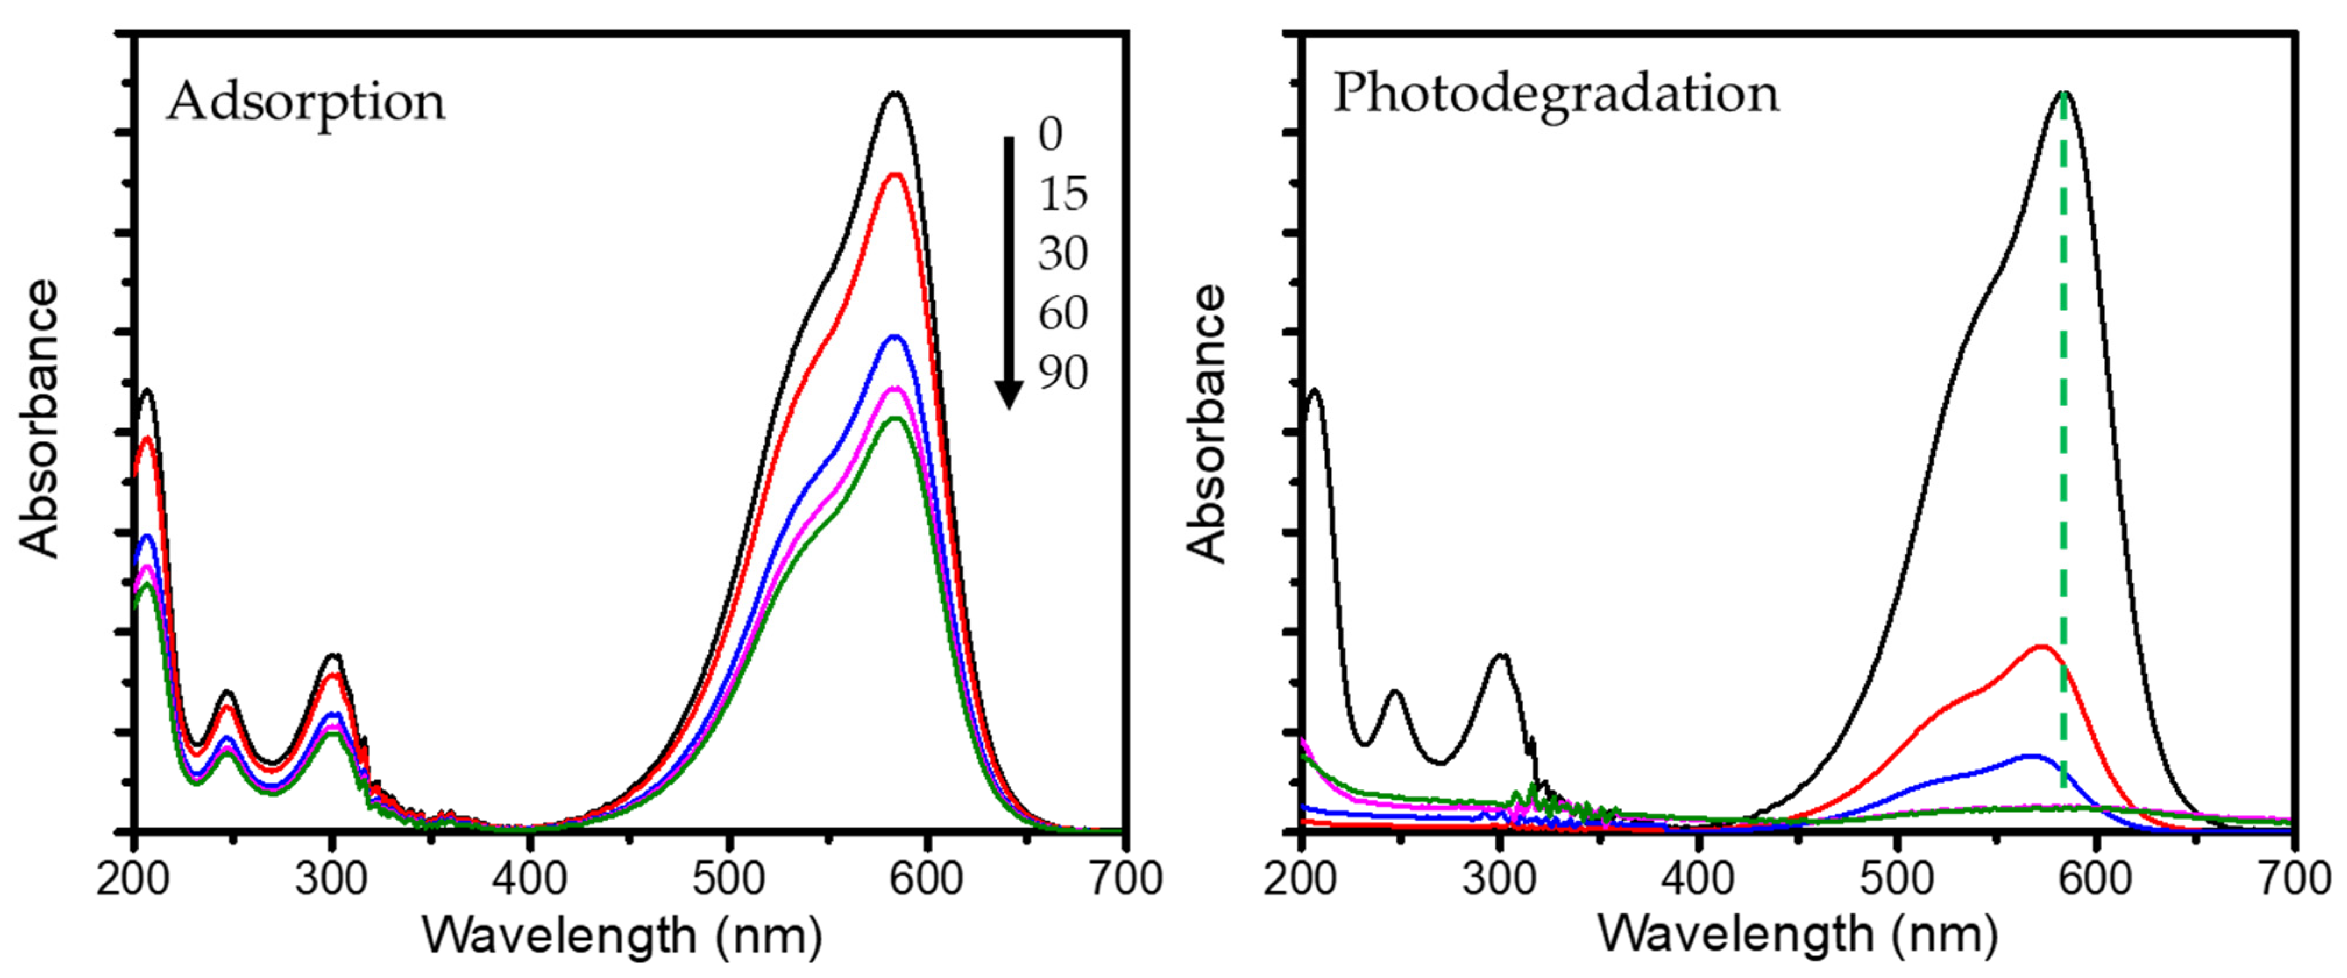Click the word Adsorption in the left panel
(x=306, y=101)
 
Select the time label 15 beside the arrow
(x=1062, y=194)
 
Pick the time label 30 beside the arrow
(x=1062, y=253)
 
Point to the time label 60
(x=1062, y=314)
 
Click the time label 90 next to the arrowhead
(x=1062, y=373)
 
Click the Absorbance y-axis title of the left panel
(x=39, y=419)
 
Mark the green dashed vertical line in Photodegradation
(x=2064, y=456)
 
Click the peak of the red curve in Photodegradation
(x=2041, y=647)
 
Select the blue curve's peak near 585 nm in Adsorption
(x=895, y=336)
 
